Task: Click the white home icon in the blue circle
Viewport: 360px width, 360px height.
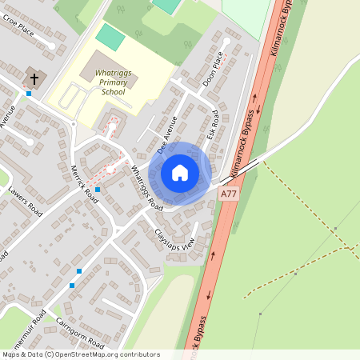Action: (x=180, y=173)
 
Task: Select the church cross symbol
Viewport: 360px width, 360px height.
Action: (x=34, y=79)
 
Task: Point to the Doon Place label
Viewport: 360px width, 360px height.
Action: (x=214, y=69)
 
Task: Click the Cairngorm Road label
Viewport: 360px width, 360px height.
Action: (x=80, y=333)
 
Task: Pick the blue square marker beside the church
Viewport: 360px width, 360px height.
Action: (x=29, y=94)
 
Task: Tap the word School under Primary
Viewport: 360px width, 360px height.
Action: (x=114, y=92)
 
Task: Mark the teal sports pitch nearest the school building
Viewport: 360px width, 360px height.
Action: (x=110, y=36)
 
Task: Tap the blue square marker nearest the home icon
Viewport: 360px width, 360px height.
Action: (x=98, y=190)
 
